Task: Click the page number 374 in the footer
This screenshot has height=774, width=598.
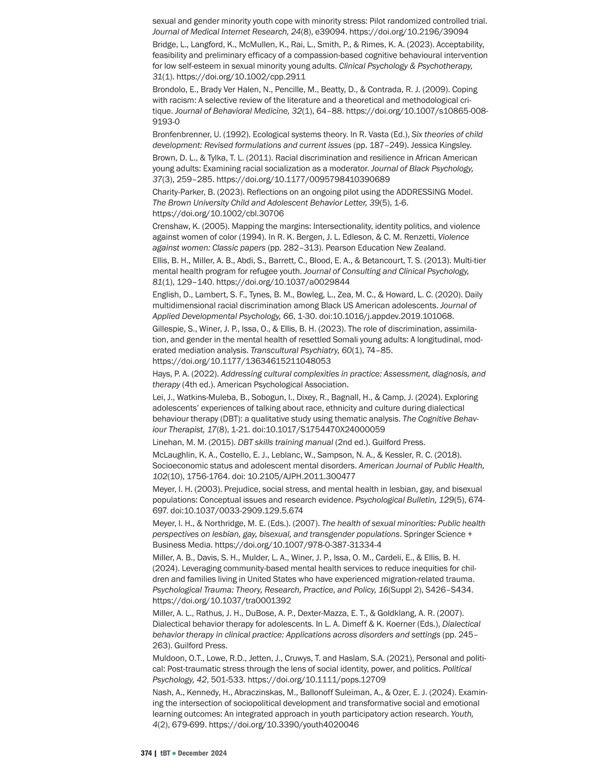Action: click(146, 753)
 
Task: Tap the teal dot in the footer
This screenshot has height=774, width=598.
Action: click(174, 753)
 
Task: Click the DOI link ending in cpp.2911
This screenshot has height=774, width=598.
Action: click(241, 77)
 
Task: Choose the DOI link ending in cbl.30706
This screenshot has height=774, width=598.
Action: click(218, 213)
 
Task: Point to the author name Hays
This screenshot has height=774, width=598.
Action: click(161, 374)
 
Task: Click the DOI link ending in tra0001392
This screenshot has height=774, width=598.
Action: click(222, 601)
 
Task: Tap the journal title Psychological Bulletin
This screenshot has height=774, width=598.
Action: click(389, 500)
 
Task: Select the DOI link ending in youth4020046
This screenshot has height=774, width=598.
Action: click(284, 725)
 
